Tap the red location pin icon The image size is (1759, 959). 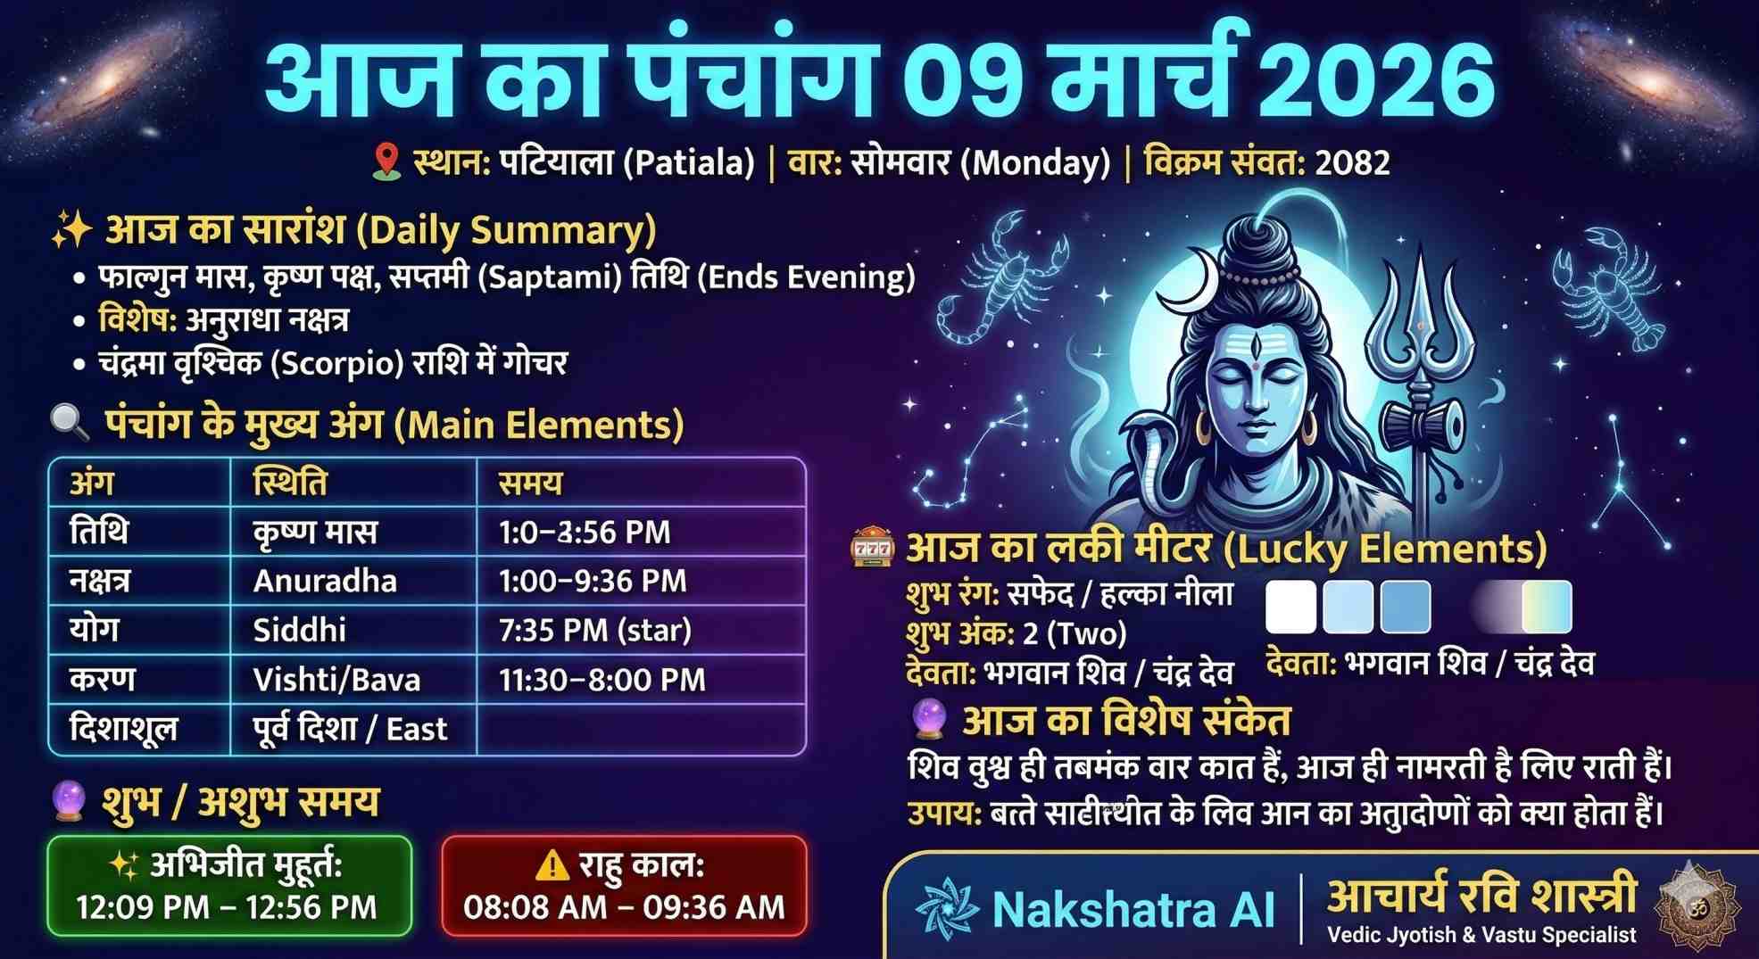[x=386, y=161]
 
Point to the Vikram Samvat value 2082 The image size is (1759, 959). [x=1352, y=162]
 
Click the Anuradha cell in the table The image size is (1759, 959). [x=325, y=581]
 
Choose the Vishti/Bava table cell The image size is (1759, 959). [x=336, y=680]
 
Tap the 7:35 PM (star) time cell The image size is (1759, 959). [x=595, y=630]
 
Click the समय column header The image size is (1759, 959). [x=530, y=483]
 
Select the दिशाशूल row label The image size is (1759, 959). [x=123, y=729]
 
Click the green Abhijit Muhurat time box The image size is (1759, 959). [x=228, y=886]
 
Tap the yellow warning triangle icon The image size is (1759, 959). [x=552, y=864]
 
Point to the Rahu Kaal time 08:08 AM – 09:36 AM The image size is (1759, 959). [x=624, y=907]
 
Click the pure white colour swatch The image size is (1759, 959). [x=1290, y=607]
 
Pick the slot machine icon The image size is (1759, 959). [x=872, y=548]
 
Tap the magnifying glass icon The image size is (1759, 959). [x=70, y=422]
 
